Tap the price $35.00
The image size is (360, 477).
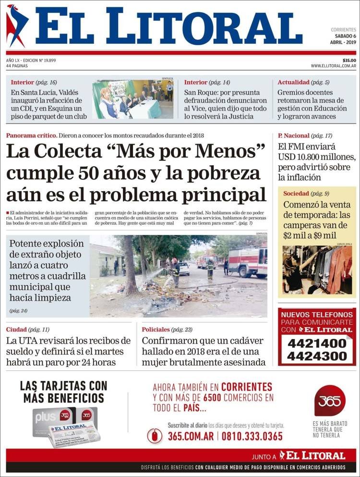[x=349, y=60]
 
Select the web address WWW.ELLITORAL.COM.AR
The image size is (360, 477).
[x=333, y=66]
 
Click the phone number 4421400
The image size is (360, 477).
[x=317, y=343]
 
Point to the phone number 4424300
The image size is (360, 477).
[x=317, y=356]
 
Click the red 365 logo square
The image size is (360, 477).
[x=330, y=401]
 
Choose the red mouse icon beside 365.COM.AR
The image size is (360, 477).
[x=155, y=436]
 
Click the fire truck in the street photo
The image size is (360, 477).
[x=247, y=262]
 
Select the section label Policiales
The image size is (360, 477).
[x=156, y=330]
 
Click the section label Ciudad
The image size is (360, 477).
[x=16, y=330]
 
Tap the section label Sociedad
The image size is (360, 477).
[x=296, y=194]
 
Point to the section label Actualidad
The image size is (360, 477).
[x=293, y=82]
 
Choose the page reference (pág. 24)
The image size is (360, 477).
[x=18, y=311]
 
